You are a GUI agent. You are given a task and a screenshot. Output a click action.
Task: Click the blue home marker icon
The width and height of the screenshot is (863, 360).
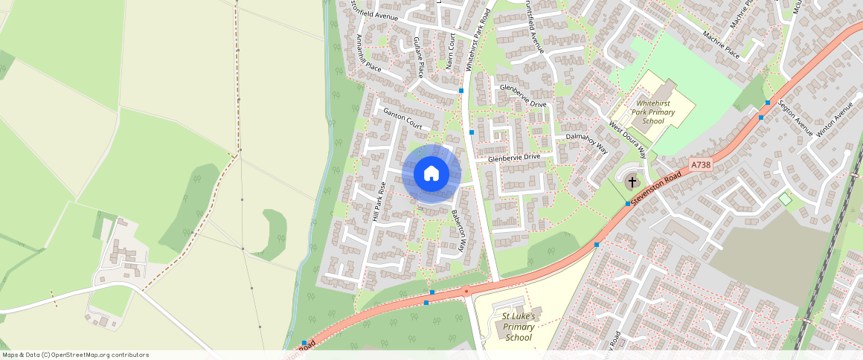(431, 173)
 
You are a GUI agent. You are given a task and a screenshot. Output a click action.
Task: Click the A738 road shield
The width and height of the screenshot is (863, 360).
(700, 165)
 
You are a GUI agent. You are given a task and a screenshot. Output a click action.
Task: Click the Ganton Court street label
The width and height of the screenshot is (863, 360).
(402, 118)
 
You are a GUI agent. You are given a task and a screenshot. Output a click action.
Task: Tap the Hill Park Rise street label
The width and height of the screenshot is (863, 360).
(379, 202)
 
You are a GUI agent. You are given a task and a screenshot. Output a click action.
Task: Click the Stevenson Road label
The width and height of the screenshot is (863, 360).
(658, 185)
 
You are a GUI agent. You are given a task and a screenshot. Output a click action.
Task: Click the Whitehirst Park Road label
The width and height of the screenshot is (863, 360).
(478, 41)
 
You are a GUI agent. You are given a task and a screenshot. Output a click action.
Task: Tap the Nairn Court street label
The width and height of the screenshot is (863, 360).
(451, 51)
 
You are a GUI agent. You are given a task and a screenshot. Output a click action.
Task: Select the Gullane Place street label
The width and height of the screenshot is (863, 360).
(418, 57)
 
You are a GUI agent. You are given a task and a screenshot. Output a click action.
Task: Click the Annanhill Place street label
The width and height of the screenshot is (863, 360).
(369, 53)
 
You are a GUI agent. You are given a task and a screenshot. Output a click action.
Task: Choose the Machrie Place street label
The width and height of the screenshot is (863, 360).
(721, 44)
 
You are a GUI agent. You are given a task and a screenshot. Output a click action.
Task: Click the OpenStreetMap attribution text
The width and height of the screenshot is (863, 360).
(74, 355)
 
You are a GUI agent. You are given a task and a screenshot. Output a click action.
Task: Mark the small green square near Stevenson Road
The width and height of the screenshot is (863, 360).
(785, 199)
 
